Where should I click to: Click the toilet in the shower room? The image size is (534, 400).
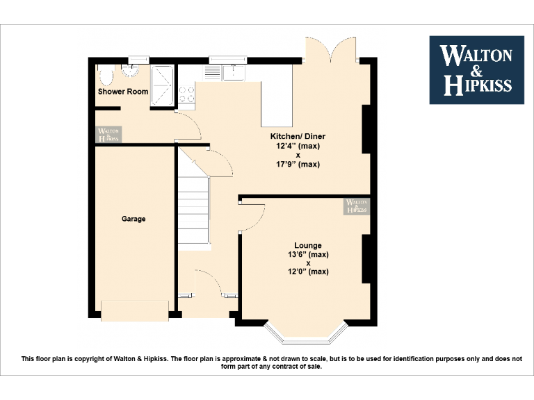106,74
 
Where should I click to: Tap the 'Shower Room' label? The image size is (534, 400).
123,92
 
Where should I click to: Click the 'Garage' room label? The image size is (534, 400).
133,219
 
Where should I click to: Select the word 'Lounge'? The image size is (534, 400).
307,245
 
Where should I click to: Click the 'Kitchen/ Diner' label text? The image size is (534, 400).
298,136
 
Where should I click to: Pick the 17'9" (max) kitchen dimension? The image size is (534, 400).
298,165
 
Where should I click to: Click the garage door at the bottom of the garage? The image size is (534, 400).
135,310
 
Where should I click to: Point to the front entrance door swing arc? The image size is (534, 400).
209,281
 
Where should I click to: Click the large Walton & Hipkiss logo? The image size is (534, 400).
476,70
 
